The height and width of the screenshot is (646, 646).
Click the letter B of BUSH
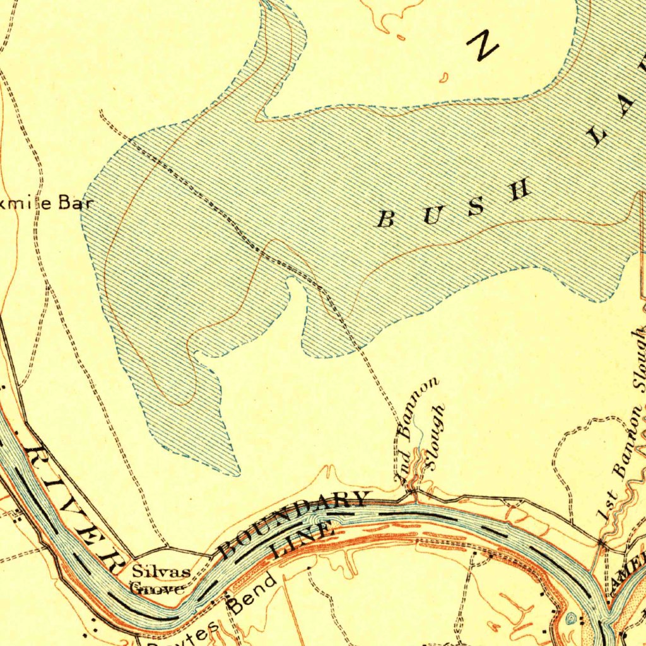coord(385,220)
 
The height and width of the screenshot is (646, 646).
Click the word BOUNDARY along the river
coord(293,524)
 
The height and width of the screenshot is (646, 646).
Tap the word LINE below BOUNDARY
coord(302,540)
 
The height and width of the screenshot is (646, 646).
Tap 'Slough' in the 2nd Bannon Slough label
coord(435,437)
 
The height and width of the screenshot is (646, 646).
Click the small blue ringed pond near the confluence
coord(572,619)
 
